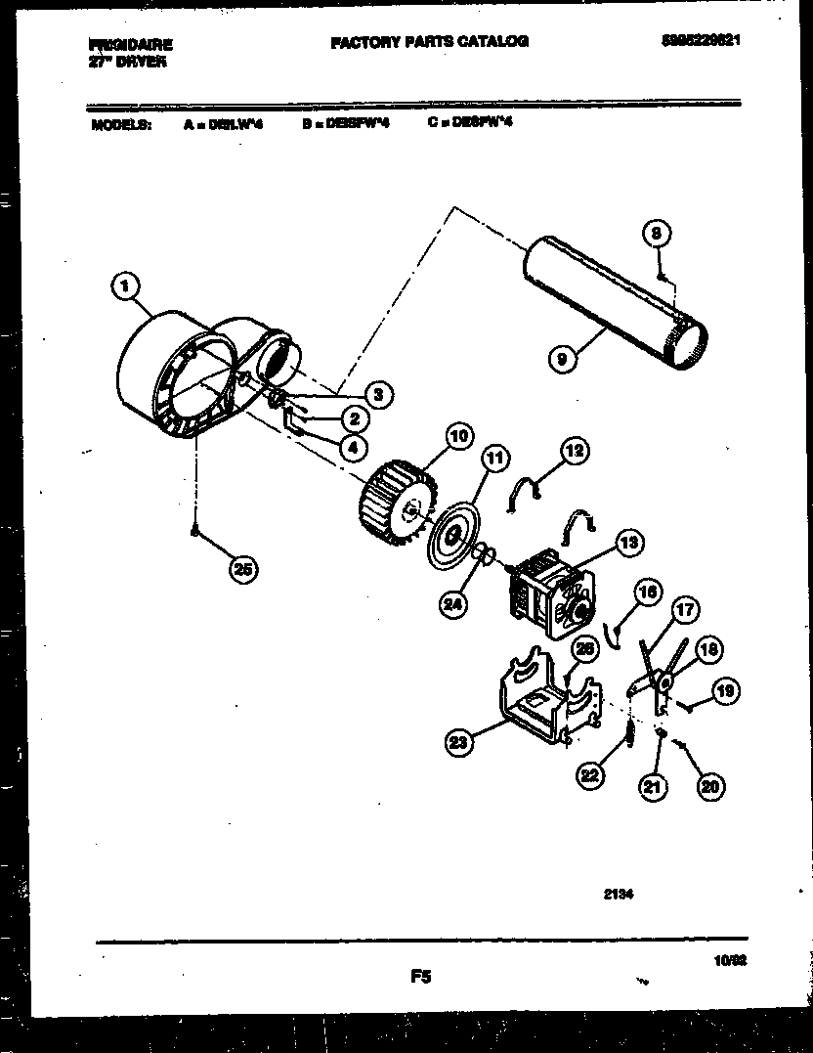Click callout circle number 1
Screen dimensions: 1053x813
click(123, 286)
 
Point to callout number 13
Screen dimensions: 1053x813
click(629, 543)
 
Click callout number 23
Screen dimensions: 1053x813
click(457, 743)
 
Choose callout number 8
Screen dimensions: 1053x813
click(658, 234)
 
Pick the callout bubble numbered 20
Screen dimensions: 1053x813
click(711, 785)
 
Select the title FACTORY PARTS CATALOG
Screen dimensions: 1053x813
click(429, 42)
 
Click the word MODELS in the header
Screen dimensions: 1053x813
click(121, 125)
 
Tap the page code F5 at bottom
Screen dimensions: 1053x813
click(421, 975)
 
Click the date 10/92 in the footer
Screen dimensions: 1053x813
click(745, 962)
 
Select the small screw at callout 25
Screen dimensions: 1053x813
click(195, 532)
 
